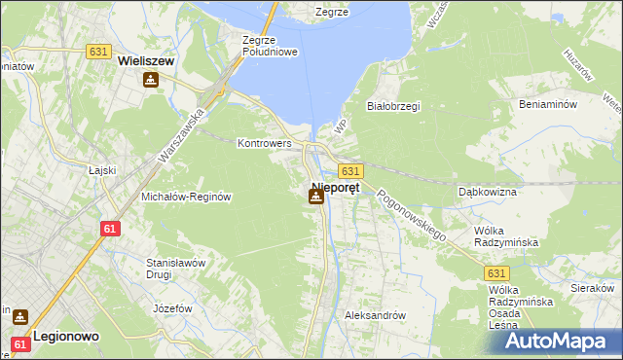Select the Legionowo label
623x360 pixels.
[x=62, y=334]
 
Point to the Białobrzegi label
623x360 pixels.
[x=392, y=106]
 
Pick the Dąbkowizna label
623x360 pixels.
[x=488, y=192]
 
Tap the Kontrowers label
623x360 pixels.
[x=265, y=143]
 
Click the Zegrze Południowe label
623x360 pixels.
[x=268, y=46]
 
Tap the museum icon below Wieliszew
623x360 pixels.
[x=150, y=80]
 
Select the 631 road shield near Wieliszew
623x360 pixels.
[x=96, y=52]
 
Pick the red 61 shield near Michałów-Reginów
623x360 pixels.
[x=109, y=228]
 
